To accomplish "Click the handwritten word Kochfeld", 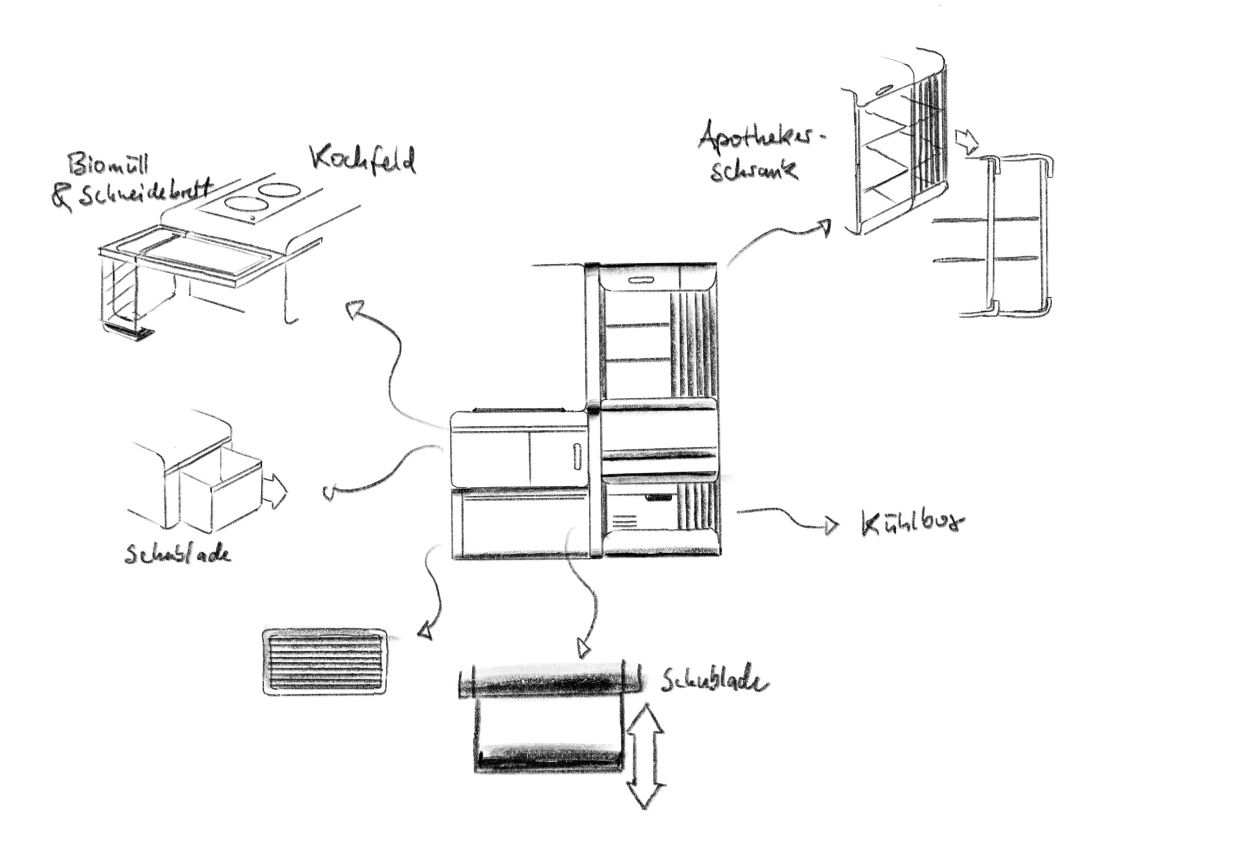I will tap(363, 160).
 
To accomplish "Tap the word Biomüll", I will tap(108, 165).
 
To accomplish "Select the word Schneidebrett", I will tap(146, 193).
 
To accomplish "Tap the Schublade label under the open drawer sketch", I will tap(178, 554).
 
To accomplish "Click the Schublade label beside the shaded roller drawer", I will tap(713, 683).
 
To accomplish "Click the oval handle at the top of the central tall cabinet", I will tap(640, 281).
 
